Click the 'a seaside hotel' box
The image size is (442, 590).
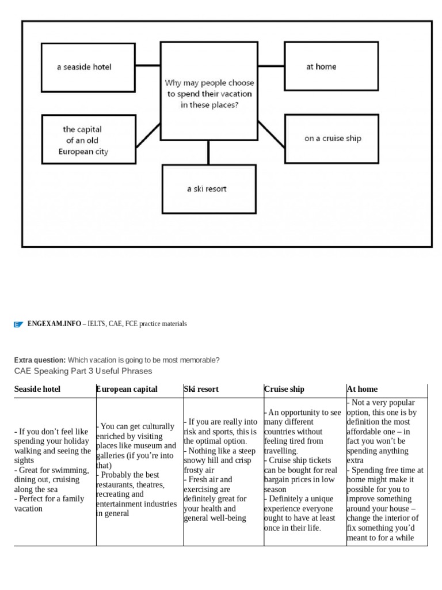(88, 67)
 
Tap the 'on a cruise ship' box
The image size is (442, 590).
(331, 138)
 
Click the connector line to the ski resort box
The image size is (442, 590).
(208, 152)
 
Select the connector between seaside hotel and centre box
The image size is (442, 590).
(147, 66)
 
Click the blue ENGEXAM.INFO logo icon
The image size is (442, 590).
(18, 324)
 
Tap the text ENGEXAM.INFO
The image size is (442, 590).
(54, 324)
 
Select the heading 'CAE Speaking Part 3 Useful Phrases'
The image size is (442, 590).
(83, 370)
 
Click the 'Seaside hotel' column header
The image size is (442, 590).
(37, 389)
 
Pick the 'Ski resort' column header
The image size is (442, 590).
(201, 389)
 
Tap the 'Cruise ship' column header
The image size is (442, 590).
(284, 389)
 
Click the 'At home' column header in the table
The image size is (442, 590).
(363, 389)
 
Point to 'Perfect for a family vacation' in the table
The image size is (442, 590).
(49, 504)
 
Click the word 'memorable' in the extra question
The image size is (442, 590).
(201, 360)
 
